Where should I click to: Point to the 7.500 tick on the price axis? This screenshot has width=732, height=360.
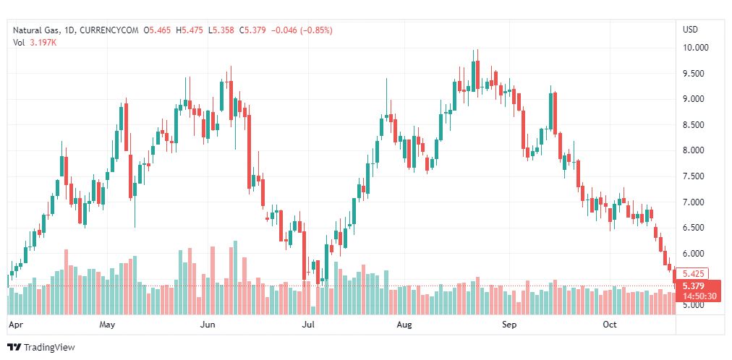click(693, 176)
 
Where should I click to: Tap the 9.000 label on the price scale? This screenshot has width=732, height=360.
click(693, 99)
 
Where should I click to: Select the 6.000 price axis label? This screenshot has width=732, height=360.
click(693, 254)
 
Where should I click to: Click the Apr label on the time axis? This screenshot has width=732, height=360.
click(14, 325)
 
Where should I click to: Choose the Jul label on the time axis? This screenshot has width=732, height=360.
click(309, 325)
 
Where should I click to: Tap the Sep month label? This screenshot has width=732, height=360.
click(510, 325)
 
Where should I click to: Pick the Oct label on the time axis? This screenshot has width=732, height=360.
click(610, 325)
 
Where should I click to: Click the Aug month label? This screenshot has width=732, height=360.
click(404, 325)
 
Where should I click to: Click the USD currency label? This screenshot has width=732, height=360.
click(691, 30)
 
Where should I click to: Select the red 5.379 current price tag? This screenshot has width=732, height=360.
click(693, 286)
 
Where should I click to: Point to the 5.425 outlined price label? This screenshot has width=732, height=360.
click(693, 274)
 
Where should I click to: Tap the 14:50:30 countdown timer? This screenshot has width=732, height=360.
click(698, 296)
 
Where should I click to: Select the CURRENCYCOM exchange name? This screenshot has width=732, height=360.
click(111, 30)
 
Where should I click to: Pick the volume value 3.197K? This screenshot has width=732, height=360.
click(43, 43)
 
